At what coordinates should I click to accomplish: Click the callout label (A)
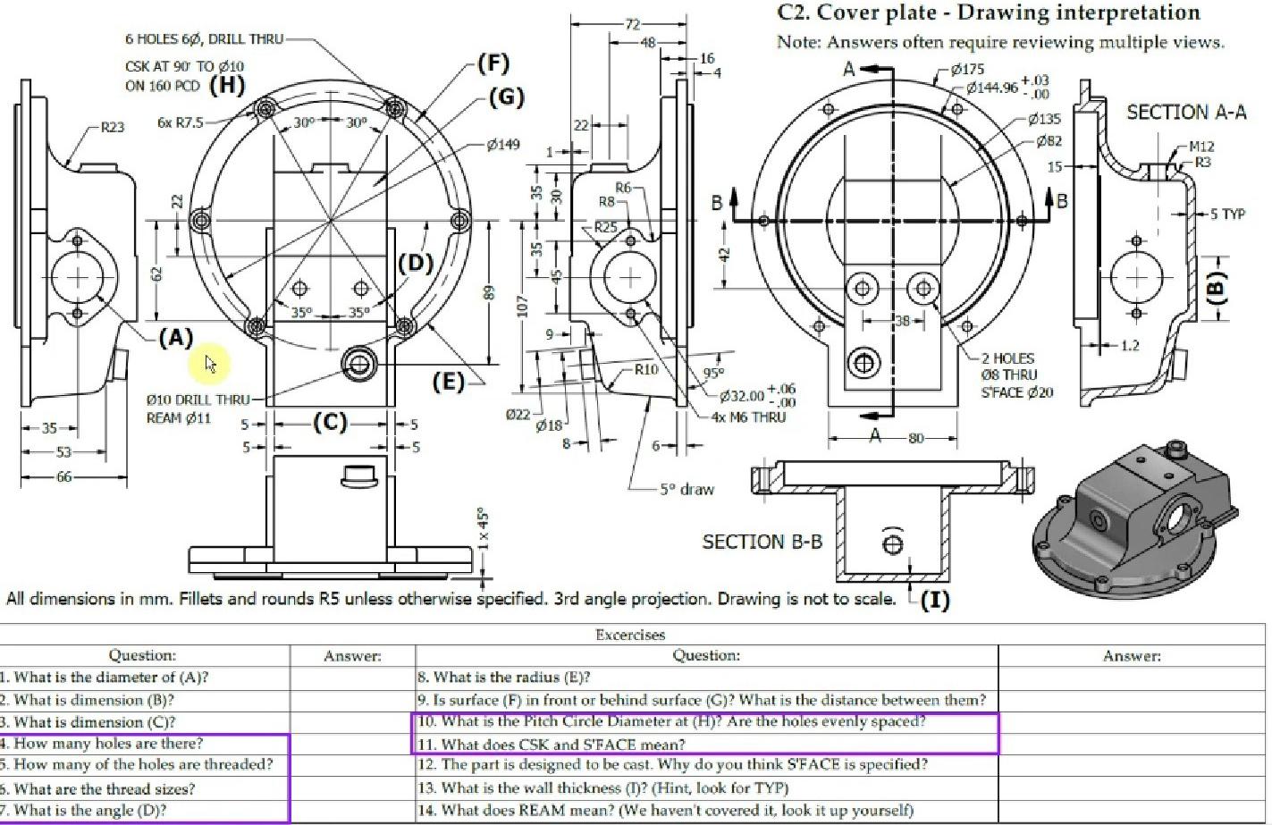point(175,338)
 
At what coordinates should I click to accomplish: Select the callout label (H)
point(226,85)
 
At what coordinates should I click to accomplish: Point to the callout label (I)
point(934,599)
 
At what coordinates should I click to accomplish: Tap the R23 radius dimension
point(112,127)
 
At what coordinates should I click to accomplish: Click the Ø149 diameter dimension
point(503,144)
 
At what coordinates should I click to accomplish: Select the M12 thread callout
point(1200,147)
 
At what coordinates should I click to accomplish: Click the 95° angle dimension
point(713,373)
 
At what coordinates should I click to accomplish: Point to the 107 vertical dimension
point(523,306)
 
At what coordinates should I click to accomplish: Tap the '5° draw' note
point(687,489)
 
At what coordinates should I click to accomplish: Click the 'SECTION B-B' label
point(762,542)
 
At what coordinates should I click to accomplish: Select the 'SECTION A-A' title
point(1185,113)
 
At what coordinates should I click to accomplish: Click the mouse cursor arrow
point(210,364)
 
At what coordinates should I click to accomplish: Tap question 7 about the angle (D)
point(90,811)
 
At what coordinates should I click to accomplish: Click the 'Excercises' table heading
point(630,635)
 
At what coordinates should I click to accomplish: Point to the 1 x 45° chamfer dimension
point(483,529)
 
